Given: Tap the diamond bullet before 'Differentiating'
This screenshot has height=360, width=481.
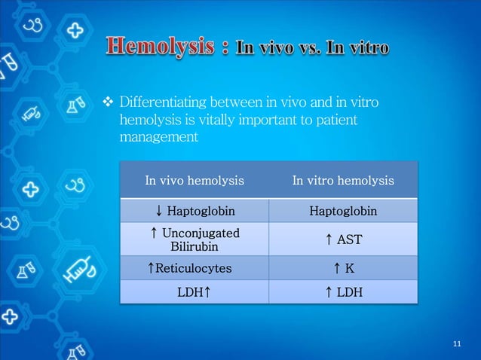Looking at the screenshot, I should click(x=107, y=102).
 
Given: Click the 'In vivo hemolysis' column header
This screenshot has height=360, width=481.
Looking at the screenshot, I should click(x=194, y=181).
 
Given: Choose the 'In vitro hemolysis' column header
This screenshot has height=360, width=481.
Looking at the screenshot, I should click(x=343, y=181).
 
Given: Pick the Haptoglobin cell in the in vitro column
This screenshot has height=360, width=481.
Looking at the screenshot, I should click(x=343, y=211).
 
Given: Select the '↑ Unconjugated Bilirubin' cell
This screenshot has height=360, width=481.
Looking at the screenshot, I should click(x=194, y=239).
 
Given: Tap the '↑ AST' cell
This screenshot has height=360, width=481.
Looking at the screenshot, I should click(x=343, y=239).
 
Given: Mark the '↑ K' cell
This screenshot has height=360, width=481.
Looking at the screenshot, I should click(x=343, y=267).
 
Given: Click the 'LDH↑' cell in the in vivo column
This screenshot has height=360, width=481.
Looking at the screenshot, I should click(x=194, y=291).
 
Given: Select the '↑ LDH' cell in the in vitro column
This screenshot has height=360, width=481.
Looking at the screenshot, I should click(x=343, y=291).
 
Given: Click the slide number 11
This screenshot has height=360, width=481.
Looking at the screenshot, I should click(x=456, y=344).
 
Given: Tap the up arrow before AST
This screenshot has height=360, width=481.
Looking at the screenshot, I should click(x=329, y=239).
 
